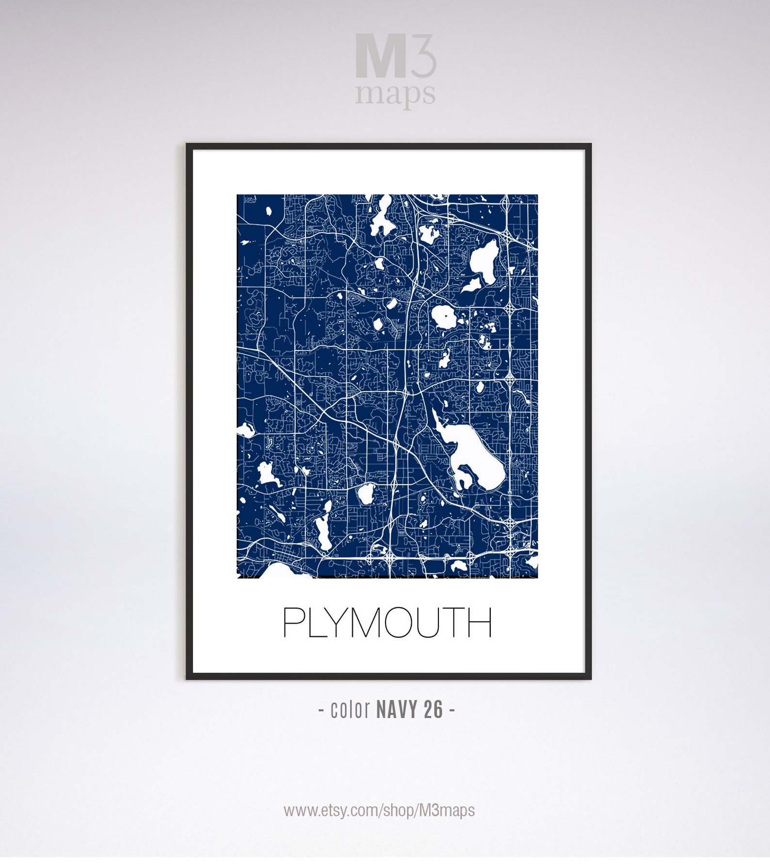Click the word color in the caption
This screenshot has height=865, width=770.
pos(350,710)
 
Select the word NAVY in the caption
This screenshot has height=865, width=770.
pos(397,710)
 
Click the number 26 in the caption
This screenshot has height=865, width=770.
pos(433,710)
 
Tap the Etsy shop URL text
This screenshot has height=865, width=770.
pos(379,810)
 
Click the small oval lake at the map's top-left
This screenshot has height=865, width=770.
pos(268,211)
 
